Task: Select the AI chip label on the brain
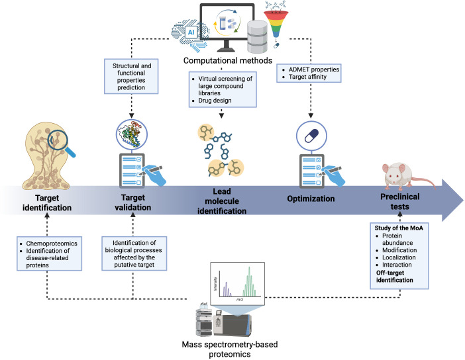coord(191,32)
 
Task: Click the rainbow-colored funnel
coord(276,24)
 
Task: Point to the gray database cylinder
coord(258,37)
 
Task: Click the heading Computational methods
coord(227,60)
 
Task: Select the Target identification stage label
coord(47,202)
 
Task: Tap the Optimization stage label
coord(311,199)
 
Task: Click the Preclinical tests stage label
coord(400,201)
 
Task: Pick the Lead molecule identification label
coord(222,201)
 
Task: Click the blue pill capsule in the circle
coord(312,136)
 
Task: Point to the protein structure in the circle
coord(132,134)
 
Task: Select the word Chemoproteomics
coord(52,244)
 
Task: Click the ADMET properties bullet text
coord(314,69)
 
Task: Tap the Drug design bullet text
coord(215,101)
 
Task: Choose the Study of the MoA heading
coord(399,228)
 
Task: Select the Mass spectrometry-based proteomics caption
coord(230,349)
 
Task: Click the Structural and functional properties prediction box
coord(131,77)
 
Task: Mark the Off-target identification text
coord(394,277)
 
